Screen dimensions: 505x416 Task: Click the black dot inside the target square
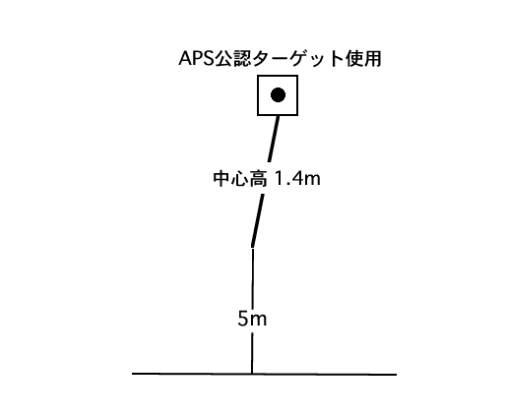278,95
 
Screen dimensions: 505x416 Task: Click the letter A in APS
185,59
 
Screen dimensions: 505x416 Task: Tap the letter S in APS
208,59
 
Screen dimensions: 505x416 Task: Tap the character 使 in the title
353,59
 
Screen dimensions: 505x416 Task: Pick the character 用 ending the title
372,59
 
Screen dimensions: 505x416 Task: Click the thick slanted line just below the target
274,139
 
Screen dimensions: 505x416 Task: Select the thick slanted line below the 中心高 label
258,220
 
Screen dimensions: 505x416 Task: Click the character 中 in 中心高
221,179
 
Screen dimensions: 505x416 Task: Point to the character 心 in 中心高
239,179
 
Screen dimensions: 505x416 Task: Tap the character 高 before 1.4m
258,179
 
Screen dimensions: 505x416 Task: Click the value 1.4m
297,179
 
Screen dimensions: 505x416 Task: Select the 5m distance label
252,319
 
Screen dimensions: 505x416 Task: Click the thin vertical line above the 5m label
252,278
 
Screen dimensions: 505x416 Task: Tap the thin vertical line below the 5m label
252,353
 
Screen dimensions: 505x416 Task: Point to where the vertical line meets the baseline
252,374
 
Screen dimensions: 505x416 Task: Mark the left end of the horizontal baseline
132,373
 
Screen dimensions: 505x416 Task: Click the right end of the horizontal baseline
397,375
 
